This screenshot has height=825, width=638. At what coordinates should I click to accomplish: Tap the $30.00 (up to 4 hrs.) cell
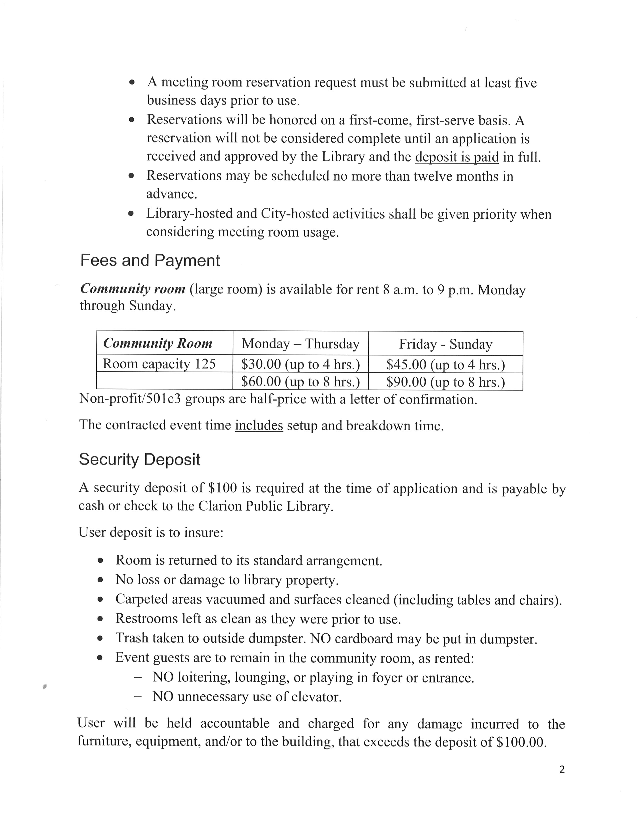[x=300, y=364]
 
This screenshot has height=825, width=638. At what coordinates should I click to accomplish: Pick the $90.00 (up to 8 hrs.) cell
[x=446, y=382]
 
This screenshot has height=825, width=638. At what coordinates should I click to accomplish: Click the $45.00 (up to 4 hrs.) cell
[x=446, y=364]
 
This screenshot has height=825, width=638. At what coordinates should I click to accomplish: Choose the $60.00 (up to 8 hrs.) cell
[x=300, y=381]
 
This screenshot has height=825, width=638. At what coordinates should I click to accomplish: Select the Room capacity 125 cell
[x=159, y=364]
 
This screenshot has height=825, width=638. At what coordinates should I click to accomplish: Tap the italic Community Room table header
[x=158, y=343]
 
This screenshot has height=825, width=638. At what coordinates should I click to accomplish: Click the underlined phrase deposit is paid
[x=457, y=157]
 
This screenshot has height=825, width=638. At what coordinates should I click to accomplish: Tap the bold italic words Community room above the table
[x=133, y=289]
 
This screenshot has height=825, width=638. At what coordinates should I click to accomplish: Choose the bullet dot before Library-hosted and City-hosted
[x=131, y=214]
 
